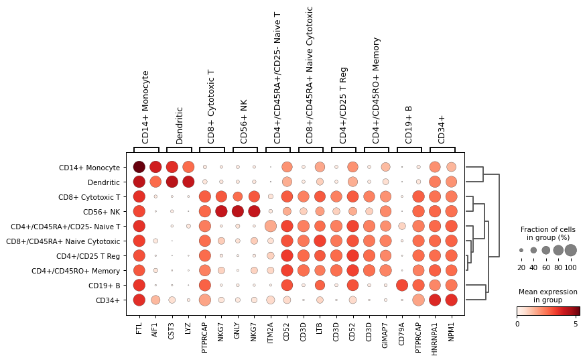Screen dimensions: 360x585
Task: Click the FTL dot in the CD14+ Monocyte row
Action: pyautogui.click(x=139, y=167)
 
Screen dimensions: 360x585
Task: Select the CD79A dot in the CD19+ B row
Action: pyautogui.click(x=402, y=285)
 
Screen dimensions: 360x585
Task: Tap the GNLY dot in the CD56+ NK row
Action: pyautogui.click(x=238, y=211)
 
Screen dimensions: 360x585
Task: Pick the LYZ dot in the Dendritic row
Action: pyautogui.click(x=188, y=182)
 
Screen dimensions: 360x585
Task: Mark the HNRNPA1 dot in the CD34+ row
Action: pyautogui.click(x=435, y=300)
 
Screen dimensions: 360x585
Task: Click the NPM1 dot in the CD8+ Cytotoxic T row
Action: pyautogui.click(x=451, y=196)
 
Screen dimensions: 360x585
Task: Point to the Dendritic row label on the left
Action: pyautogui.click(x=103, y=182)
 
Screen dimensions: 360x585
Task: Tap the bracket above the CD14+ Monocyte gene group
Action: pyautogui.click(x=146, y=147)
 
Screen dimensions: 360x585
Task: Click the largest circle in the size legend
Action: pyautogui.click(x=570, y=250)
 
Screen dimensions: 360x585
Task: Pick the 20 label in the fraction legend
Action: pyautogui.click(x=521, y=268)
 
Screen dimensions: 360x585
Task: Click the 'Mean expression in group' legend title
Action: pyautogui.click(x=547, y=296)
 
